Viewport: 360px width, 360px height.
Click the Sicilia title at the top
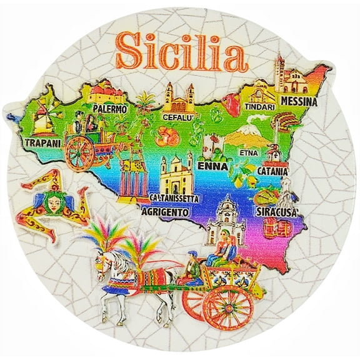click(x=180, y=53)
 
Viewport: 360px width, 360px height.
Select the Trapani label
click(x=42, y=142)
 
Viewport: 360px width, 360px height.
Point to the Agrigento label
click(x=166, y=212)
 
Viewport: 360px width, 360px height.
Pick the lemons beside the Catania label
click(x=245, y=171)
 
